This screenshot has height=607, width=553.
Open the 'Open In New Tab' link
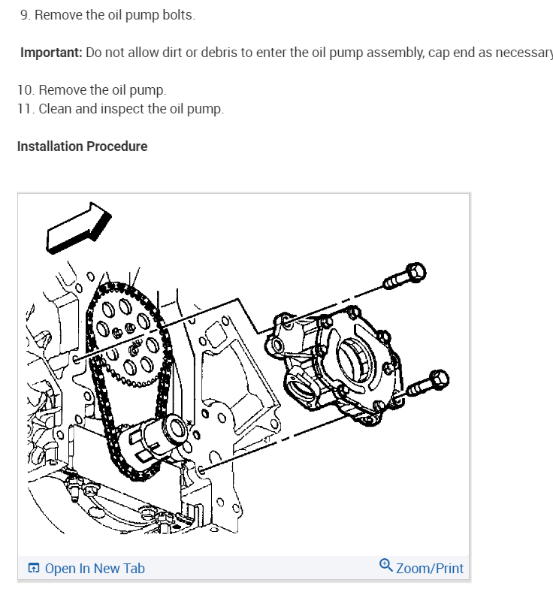tap(95, 569)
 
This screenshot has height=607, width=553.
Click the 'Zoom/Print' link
tap(429, 569)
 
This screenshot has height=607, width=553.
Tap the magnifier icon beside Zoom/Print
tap(386, 565)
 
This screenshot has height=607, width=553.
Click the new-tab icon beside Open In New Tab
tap(34, 569)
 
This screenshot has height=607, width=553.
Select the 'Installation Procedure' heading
tap(82, 146)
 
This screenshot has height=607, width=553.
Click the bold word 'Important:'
tap(51, 53)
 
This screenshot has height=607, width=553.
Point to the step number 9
tap(25, 15)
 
